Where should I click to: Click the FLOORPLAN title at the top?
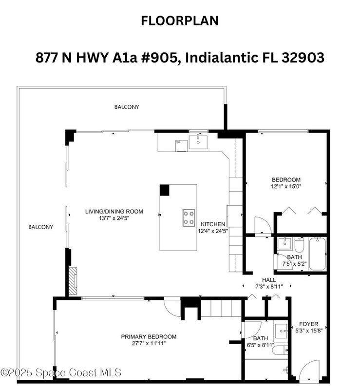(180, 20)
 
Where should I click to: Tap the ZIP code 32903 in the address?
(303, 58)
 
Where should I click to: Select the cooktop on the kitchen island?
(189, 218)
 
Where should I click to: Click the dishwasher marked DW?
(182, 145)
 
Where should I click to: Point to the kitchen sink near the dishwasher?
(198, 142)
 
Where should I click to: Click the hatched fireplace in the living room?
(73, 281)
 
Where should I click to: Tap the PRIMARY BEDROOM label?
(149, 337)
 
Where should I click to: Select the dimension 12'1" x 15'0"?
(286, 186)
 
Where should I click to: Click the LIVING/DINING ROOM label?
(114, 212)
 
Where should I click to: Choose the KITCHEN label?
(213, 224)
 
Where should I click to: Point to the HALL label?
(269, 280)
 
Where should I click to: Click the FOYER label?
(308, 324)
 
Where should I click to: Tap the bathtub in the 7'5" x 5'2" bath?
(317, 253)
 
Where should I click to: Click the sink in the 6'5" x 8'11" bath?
(281, 331)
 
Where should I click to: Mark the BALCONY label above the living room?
(127, 107)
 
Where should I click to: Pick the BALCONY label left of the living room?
(41, 227)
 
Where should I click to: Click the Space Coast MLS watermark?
(61, 372)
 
